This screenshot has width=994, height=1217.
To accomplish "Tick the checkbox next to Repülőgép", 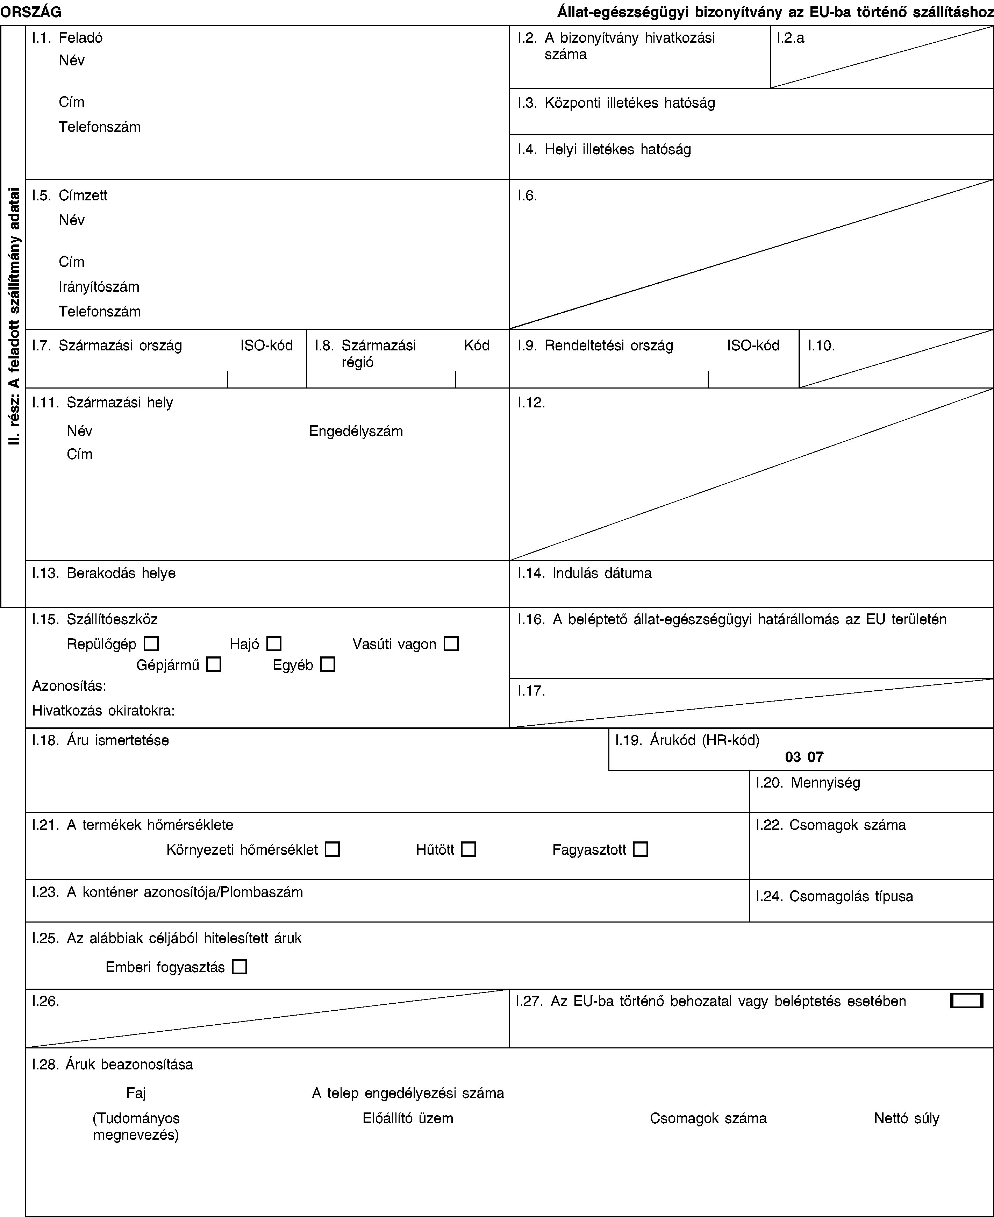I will click(x=151, y=644).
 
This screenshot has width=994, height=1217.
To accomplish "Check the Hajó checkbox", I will click(x=274, y=644).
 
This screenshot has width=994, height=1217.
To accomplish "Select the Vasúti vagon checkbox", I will click(x=451, y=644).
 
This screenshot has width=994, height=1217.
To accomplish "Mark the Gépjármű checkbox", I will click(x=214, y=664).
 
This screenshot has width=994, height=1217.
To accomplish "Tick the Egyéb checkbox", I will click(x=328, y=664).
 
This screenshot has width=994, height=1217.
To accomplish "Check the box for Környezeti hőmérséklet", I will click(x=332, y=849).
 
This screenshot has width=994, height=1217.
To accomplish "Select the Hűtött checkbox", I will click(x=469, y=849).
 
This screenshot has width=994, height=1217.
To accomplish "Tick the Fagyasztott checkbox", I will click(x=641, y=849).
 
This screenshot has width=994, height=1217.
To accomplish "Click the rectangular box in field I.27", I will click(x=966, y=1001).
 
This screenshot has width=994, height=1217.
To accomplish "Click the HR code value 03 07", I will click(x=804, y=757).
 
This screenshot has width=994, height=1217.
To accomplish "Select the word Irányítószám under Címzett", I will click(x=99, y=286).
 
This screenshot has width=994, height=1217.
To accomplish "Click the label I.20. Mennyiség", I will click(x=807, y=782).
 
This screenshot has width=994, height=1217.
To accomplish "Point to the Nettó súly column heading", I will click(x=906, y=1118).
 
